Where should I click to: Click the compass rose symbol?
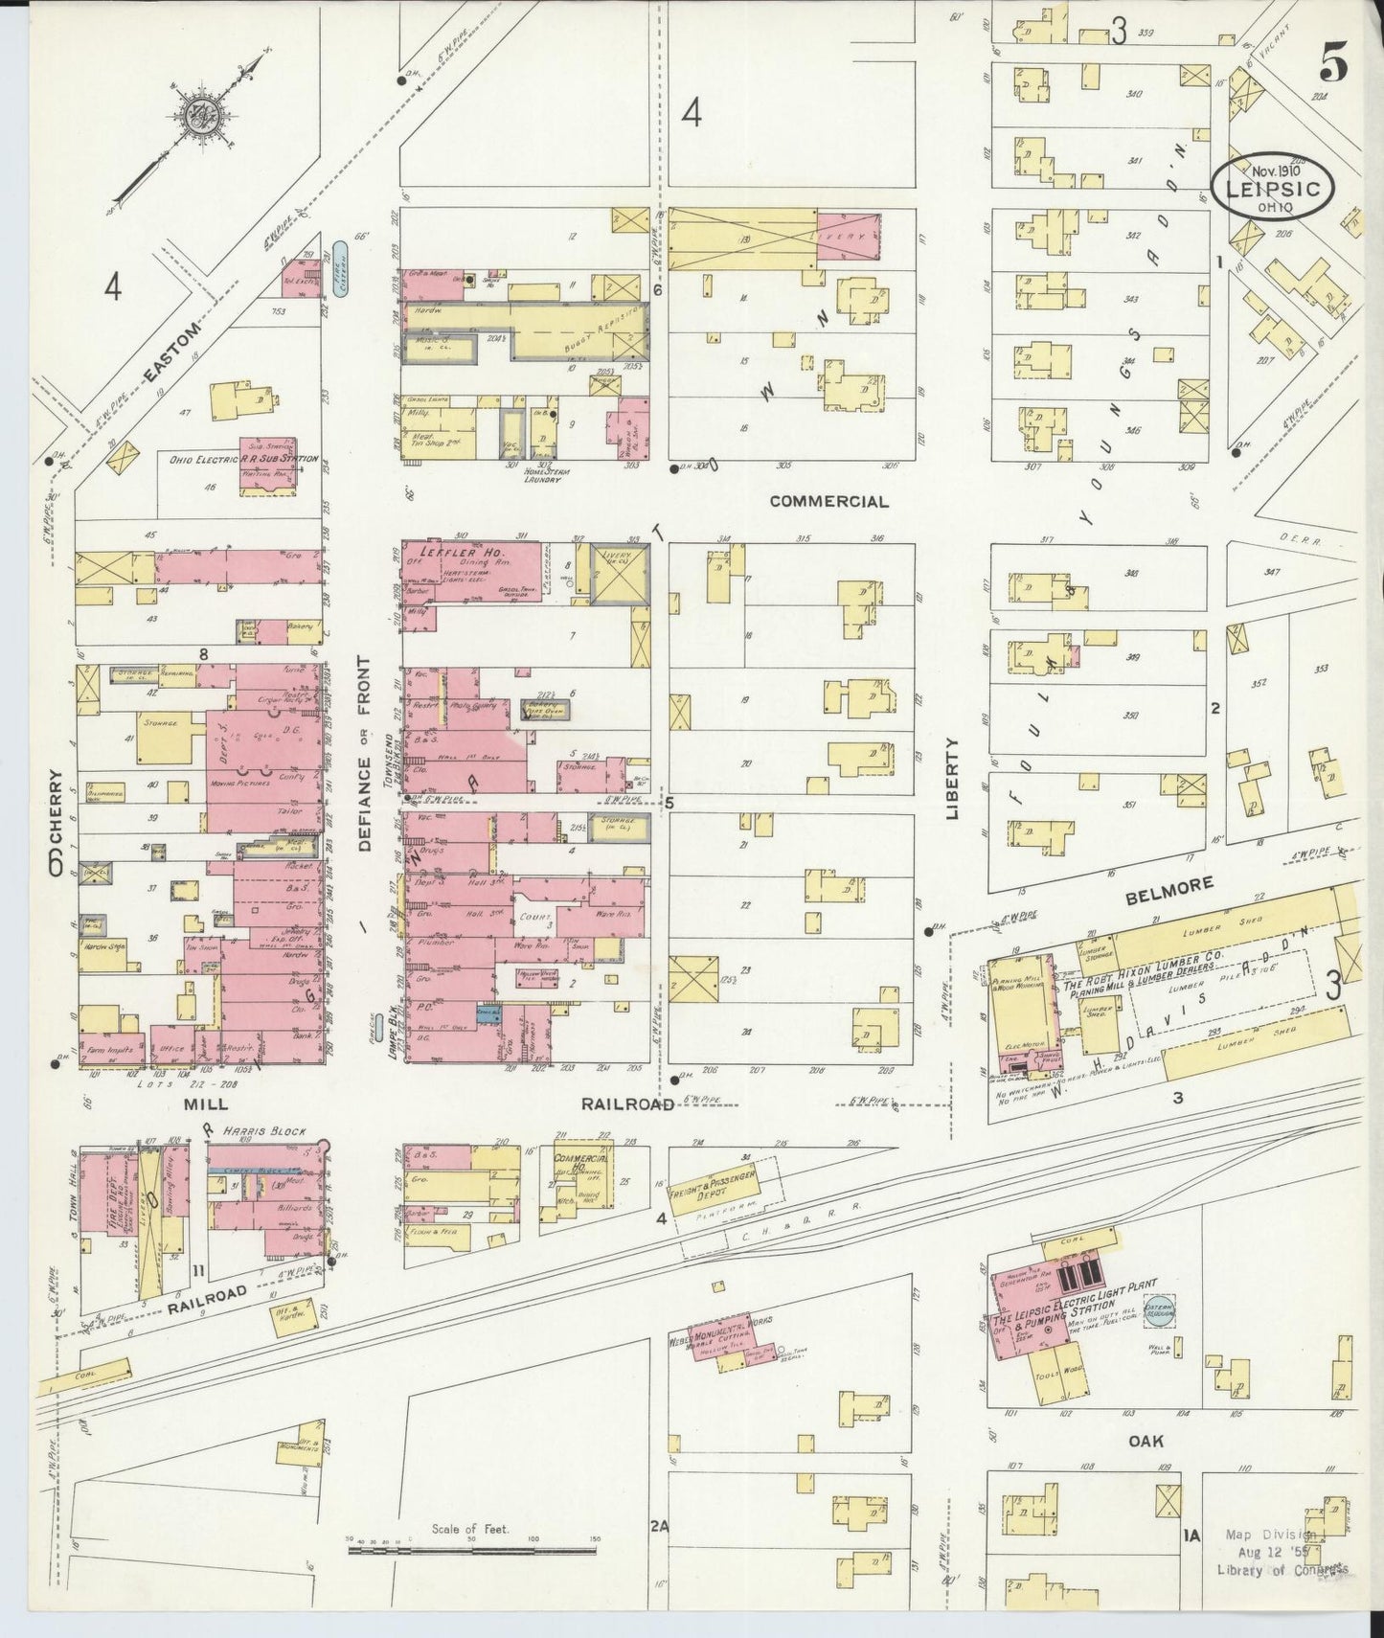tap(204, 113)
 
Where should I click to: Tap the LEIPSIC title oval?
tap(1274, 189)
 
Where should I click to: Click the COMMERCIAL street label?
tap(828, 501)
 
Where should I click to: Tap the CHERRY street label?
tap(56, 821)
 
